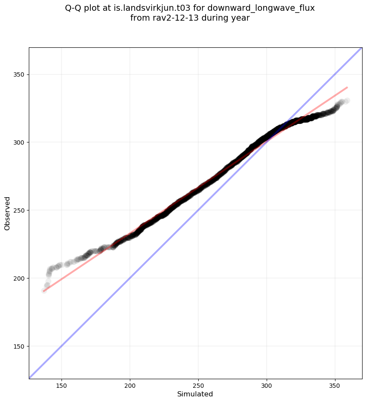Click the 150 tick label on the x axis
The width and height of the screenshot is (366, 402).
tap(62, 385)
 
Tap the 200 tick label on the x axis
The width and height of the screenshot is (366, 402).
tap(130, 385)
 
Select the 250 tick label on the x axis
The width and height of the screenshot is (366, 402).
tap(198, 385)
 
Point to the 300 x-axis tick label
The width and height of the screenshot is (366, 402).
tap(267, 385)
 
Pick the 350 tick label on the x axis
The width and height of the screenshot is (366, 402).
tap(335, 385)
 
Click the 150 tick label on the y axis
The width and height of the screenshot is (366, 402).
tap(19, 346)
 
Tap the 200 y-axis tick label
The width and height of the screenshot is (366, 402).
tap(19, 278)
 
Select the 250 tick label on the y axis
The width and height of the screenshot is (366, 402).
tap(19, 210)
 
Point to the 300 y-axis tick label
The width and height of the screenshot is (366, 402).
tap(19, 142)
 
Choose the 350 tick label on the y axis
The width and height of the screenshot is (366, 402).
tap(19, 74)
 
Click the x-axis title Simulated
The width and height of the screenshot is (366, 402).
tap(195, 394)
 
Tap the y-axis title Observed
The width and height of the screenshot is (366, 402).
tap(7, 213)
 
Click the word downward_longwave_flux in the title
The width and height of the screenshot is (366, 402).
tap(266, 8)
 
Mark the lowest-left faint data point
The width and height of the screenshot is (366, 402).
tap(44, 291)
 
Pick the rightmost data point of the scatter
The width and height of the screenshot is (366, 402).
tap(347, 101)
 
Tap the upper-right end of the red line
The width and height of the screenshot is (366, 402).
tap(347, 87)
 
